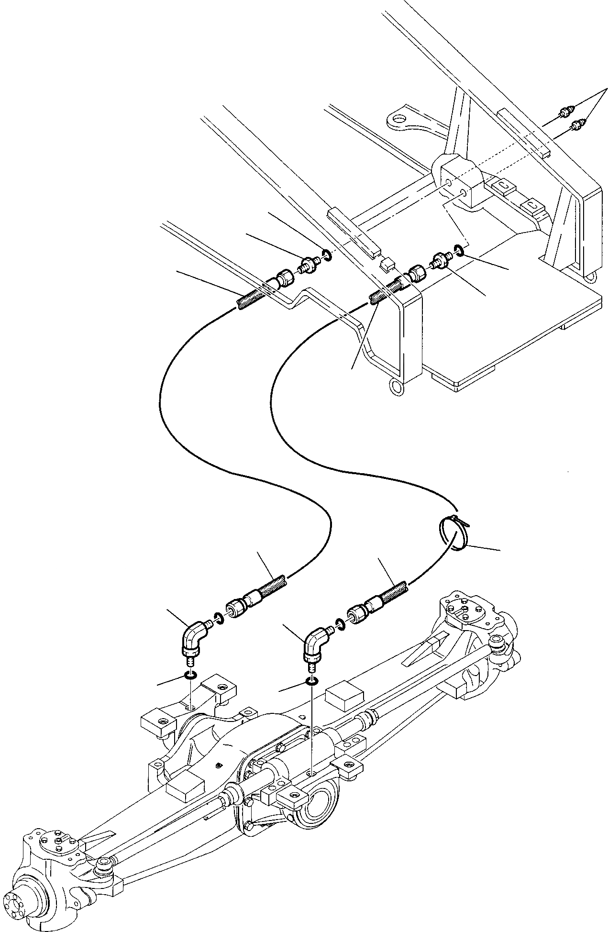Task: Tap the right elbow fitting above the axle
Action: pos(314,642)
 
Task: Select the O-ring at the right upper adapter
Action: pos(457,251)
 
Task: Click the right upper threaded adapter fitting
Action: pos(441,260)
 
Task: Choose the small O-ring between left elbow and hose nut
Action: pos(218,620)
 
